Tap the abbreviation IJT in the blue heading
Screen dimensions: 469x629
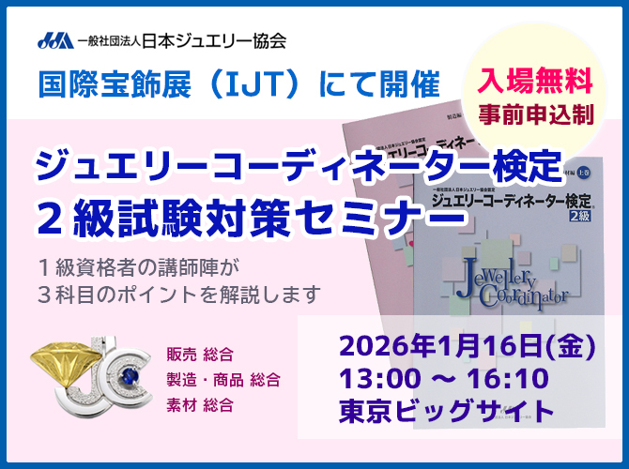(277, 84)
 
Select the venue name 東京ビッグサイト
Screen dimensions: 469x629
(447, 411)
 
